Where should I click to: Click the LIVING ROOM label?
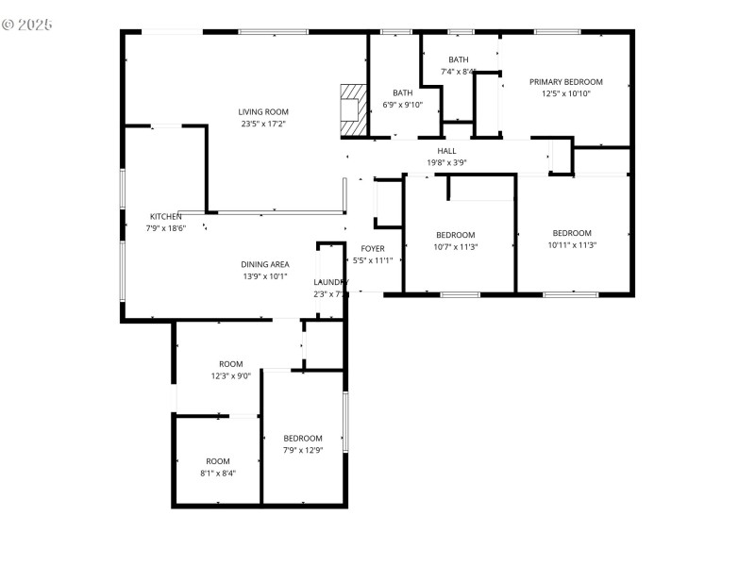tap(263, 112)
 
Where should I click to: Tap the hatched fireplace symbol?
tap(352, 107)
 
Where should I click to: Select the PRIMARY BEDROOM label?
tap(565, 82)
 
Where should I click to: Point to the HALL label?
tap(446, 151)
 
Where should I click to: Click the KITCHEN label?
tap(165, 216)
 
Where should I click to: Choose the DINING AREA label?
tap(265, 264)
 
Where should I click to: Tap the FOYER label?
tap(373, 249)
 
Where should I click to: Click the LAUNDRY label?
tap(331, 282)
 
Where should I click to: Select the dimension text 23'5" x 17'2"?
tap(263, 124)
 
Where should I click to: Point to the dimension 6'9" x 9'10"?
tap(403, 105)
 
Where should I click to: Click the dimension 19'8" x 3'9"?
tap(447, 162)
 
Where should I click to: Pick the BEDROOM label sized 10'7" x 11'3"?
tap(455, 235)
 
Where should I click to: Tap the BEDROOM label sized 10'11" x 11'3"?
tap(572, 233)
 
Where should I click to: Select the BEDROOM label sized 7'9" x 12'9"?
tap(303, 438)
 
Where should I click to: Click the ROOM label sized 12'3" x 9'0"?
tap(231, 364)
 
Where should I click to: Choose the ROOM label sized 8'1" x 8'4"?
tap(218, 461)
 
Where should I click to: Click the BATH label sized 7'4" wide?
tap(459, 59)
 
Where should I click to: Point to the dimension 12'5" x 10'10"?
tap(565, 93)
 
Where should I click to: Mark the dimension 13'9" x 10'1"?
tap(265, 276)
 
